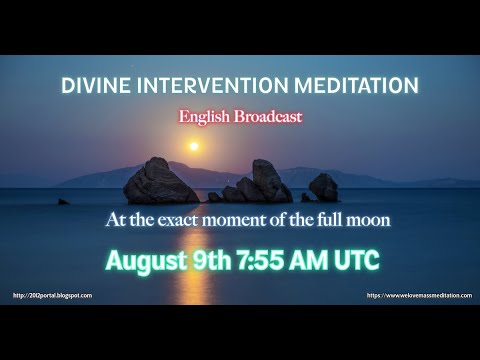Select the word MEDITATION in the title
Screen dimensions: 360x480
(x=338, y=85)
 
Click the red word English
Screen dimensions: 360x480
(x=208, y=116)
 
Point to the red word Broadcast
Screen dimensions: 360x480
(x=268, y=116)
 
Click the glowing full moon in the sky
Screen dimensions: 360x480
(x=194, y=146)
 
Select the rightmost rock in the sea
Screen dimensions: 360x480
(x=323, y=187)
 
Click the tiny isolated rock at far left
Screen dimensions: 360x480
(x=64, y=201)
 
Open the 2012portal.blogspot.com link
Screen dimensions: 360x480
(x=52, y=295)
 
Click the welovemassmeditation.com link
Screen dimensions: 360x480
(x=417, y=295)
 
